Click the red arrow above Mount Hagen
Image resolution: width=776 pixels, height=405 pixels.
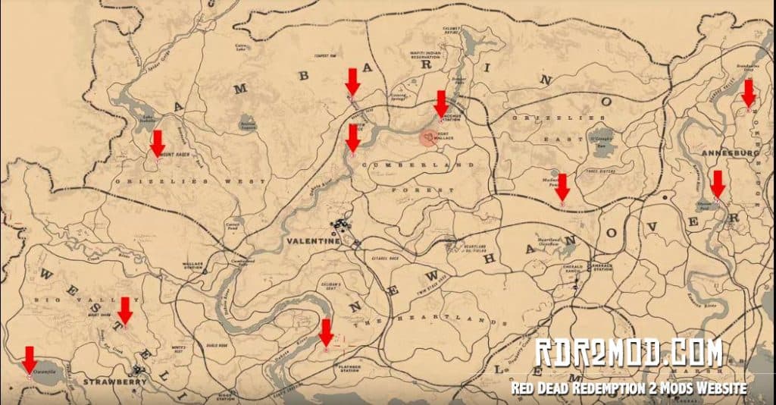pos(157,142)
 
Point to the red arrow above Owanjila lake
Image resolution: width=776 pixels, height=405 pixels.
pos(30,357)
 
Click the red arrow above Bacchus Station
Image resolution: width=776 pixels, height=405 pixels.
pos(441,102)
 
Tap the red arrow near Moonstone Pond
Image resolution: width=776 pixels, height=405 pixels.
pos(562,186)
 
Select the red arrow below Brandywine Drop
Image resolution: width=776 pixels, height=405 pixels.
pos(749,92)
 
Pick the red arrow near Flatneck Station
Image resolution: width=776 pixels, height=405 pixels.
pos(326,331)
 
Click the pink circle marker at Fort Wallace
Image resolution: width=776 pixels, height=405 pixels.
pos(430,137)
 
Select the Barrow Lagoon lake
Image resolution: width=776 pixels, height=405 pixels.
pos(246,124)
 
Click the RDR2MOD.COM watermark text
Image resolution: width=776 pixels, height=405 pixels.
pos(628,354)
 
